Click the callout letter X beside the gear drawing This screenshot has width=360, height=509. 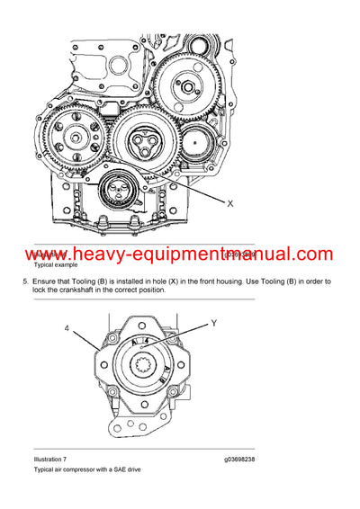[x=230, y=203]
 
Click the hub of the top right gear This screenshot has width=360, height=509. [x=191, y=88]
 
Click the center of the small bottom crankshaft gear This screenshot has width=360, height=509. [x=116, y=189]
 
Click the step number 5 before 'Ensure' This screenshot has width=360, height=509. [x=24, y=281]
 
